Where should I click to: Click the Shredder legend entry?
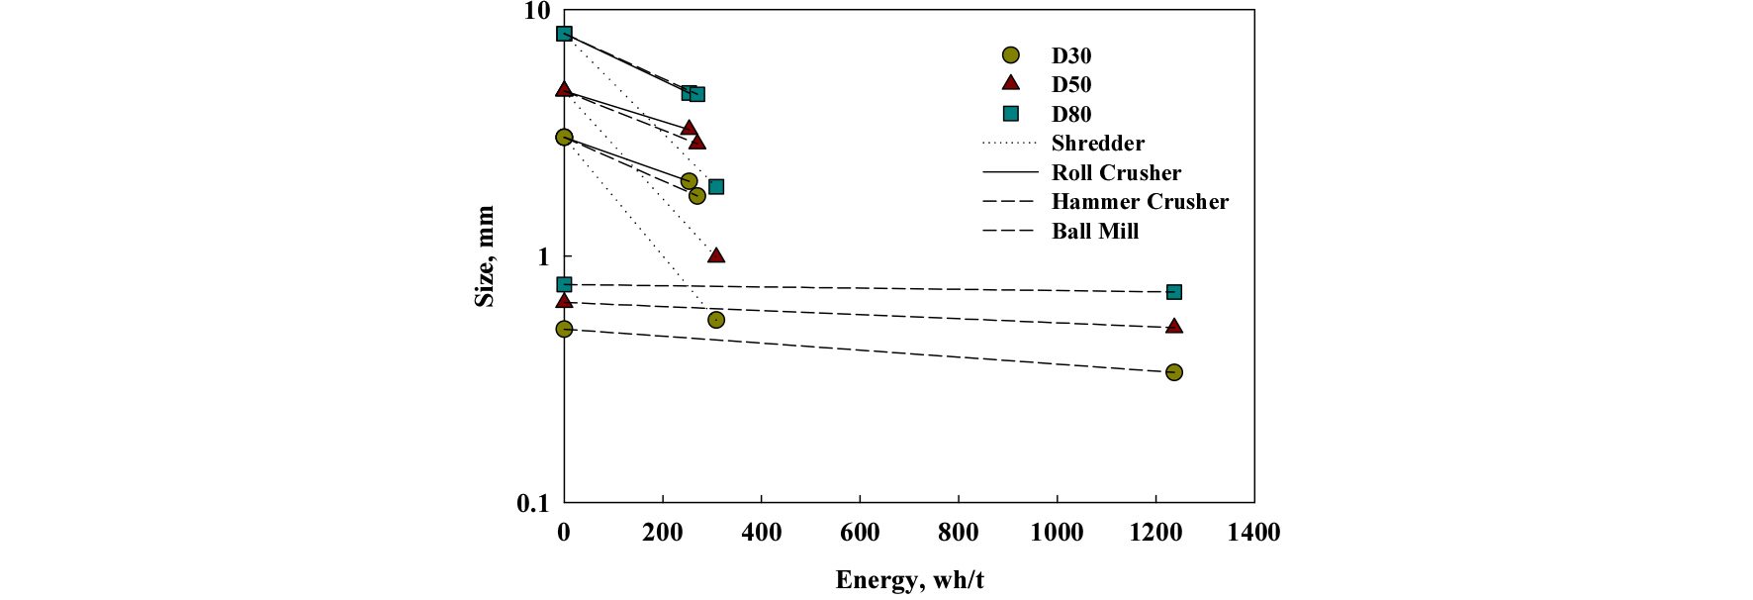click(1097, 144)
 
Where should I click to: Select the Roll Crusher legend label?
click(1116, 173)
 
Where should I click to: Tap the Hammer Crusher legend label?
click(1140, 202)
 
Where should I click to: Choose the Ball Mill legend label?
click(1095, 232)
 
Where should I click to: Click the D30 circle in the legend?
click(1010, 55)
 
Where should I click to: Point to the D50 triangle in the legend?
click(1010, 83)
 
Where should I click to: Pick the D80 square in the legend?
click(1010, 114)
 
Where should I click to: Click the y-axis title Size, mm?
click(485, 256)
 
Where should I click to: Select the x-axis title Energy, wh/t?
click(909, 580)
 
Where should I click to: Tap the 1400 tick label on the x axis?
click(1253, 533)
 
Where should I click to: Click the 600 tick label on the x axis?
click(860, 533)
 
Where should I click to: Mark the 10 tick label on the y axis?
click(536, 12)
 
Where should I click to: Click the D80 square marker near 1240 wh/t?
click(1174, 292)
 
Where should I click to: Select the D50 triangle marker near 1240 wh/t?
click(1174, 326)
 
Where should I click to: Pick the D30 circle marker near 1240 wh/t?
click(1174, 372)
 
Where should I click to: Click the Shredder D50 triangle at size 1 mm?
click(716, 255)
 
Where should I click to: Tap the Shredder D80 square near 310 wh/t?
click(716, 187)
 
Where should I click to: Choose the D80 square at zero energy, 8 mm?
click(564, 34)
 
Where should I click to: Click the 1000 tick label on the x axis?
click(1057, 533)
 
